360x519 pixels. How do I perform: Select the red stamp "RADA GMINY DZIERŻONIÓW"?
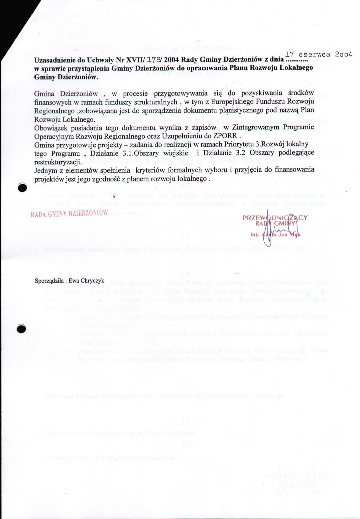[x=69, y=213]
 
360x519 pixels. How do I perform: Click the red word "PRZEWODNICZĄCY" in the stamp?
[x=275, y=218]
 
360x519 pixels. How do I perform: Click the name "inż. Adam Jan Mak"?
[x=276, y=235]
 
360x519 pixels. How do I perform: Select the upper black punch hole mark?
[x=23, y=188]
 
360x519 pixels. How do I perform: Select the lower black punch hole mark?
[x=22, y=329]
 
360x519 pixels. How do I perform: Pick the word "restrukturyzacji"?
[x=57, y=162]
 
